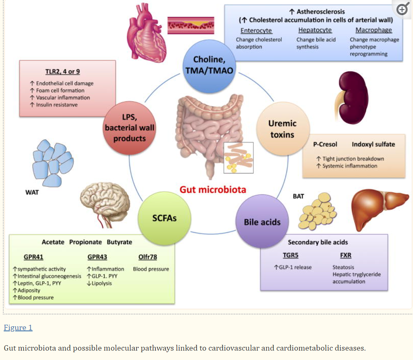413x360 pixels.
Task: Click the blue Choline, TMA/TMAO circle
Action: tap(208, 65)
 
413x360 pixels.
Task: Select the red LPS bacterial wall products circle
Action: tap(130, 128)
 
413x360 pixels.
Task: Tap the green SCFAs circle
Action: tap(164, 218)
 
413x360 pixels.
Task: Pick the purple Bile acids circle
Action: tap(262, 222)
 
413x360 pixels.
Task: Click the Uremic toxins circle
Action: tap(283, 129)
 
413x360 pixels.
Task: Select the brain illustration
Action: tap(105, 201)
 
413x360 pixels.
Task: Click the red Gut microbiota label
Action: tap(213, 189)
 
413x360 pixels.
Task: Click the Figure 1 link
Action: tap(18, 327)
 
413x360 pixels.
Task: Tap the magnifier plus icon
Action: tap(402, 10)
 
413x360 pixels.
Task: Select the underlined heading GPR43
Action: tap(97, 257)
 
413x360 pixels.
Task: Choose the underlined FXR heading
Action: tap(346, 255)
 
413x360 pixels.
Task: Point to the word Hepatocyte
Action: tap(315, 30)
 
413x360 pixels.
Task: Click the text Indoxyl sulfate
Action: tap(373, 144)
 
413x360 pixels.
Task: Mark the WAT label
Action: tap(32, 192)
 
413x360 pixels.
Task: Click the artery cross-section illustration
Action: tap(191, 25)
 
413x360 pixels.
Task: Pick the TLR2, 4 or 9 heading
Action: tap(63, 71)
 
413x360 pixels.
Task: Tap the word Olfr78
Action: tap(148, 257)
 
